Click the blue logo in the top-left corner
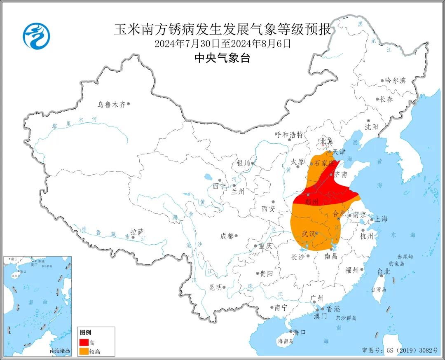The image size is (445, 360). (x=36, y=36)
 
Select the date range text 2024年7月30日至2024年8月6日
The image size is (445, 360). (x=222, y=43)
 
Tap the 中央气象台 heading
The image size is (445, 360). (x=222, y=58)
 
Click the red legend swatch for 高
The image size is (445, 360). (x=84, y=342)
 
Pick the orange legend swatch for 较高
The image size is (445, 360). (x=84, y=351)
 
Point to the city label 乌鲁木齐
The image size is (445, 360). (x=111, y=105)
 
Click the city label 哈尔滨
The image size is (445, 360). (x=395, y=80)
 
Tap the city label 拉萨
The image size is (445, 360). (x=137, y=232)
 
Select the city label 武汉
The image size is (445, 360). (x=309, y=234)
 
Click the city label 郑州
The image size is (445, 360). (x=312, y=202)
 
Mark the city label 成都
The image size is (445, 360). (x=227, y=236)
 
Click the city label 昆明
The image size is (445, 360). (x=215, y=287)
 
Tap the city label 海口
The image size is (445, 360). (x=299, y=332)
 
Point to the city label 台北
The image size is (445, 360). (x=383, y=271)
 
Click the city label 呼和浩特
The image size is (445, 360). (x=289, y=135)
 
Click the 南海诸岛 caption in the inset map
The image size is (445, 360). (x=60, y=351)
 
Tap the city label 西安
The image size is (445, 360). (x=268, y=209)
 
